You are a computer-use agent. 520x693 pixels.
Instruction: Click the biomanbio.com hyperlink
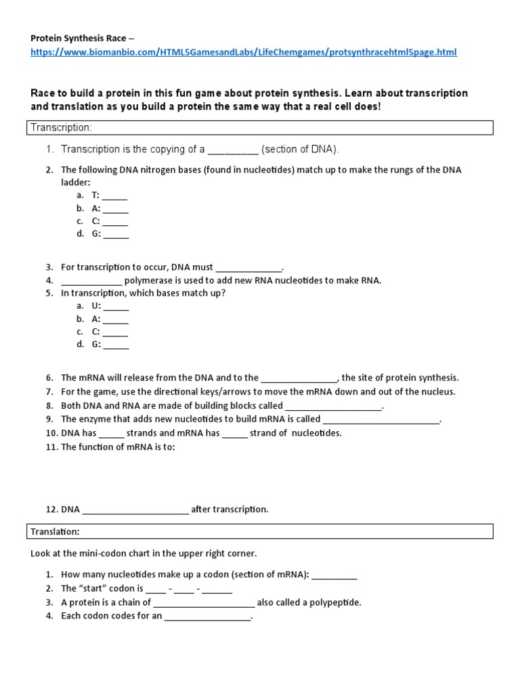(244, 52)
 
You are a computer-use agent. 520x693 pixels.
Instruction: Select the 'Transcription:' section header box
(261, 127)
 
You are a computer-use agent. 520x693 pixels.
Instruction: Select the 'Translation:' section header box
(261, 532)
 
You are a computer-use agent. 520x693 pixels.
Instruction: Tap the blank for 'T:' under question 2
(115, 196)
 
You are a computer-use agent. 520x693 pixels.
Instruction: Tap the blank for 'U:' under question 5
(116, 306)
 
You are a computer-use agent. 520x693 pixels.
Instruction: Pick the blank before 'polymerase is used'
(91, 281)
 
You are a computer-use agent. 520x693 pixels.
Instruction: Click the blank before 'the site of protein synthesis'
(299, 378)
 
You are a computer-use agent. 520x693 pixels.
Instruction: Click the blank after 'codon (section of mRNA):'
(334, 575)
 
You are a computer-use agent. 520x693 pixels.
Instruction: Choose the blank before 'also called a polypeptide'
(204, 603)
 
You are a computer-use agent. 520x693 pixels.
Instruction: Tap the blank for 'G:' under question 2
(116, 234)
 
